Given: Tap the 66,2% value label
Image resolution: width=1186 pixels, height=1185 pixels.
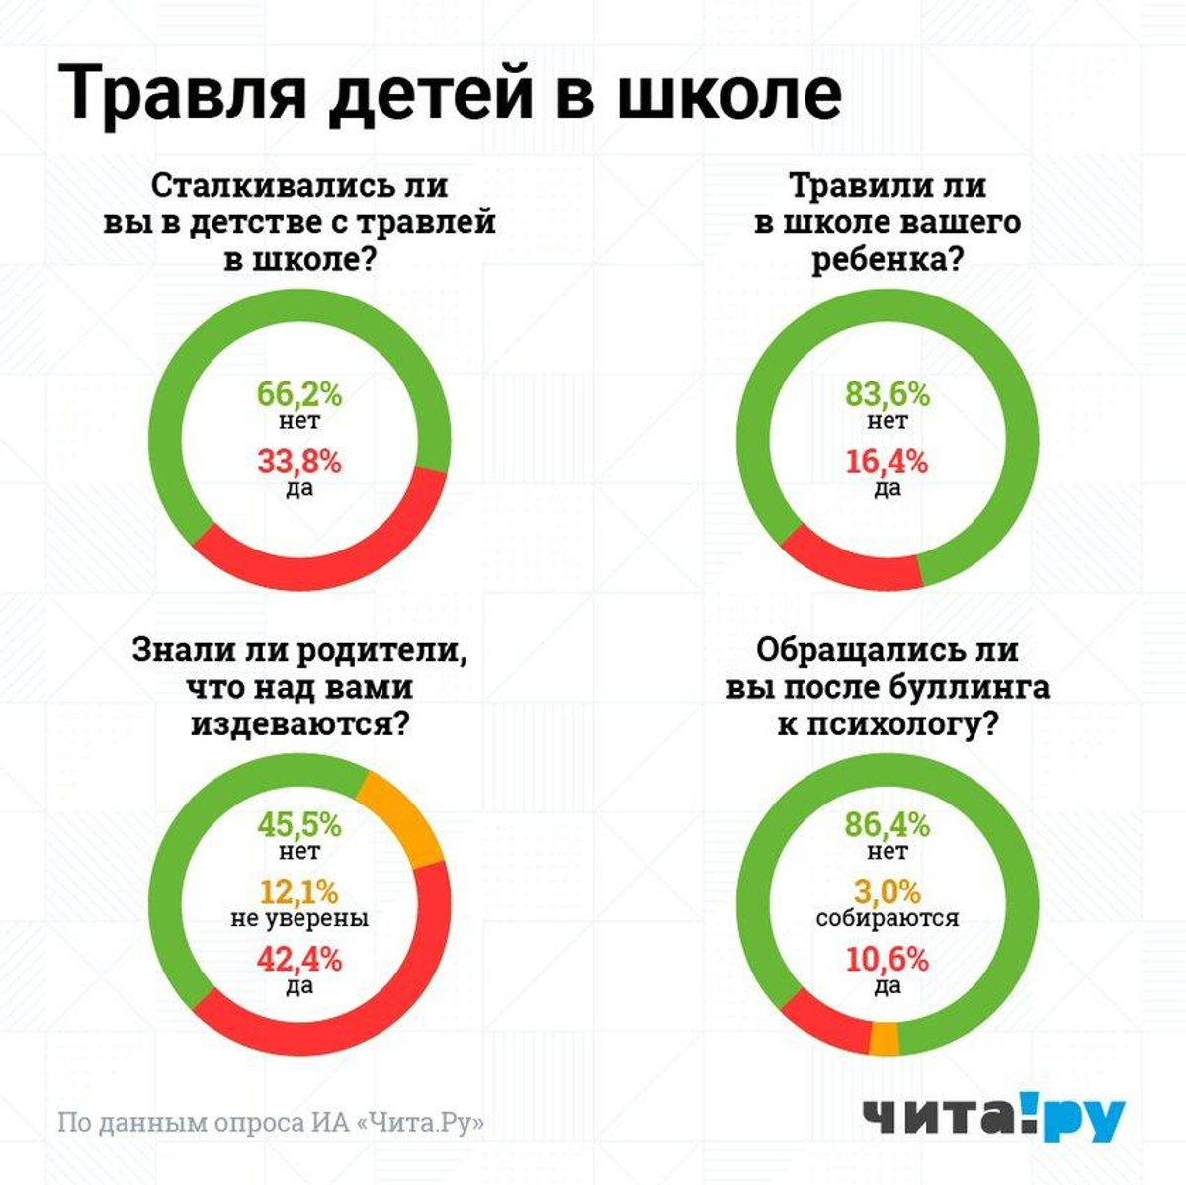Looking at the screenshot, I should (x=299, y=394).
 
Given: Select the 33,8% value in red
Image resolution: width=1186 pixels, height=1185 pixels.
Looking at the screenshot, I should (x=299, y=462).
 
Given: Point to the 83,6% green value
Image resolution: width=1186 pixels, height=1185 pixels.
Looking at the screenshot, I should (x=888, y=394).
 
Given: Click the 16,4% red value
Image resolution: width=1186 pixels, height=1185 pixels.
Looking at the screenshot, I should (x=888, y=462).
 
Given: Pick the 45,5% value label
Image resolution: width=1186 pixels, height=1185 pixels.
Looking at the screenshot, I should (x=299, y=824).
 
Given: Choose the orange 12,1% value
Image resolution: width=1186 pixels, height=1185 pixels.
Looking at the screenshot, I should (x=299, y=891).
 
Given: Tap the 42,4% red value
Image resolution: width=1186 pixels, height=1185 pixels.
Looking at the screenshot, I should (x=299, y=959).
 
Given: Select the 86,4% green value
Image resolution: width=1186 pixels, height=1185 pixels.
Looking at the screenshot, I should (x=888, y=824).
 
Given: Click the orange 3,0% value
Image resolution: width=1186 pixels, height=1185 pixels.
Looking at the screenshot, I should (x=888, y=891).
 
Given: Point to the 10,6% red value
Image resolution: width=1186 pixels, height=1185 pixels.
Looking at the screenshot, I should (x=888, y=959).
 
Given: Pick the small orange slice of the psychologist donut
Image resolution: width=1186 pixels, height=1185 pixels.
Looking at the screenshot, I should (x=885, y=1039).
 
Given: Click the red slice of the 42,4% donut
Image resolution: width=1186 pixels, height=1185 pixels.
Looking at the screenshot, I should (x=346, y=1018).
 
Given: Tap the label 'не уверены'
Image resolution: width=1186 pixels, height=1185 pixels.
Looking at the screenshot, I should (x=299, y=918).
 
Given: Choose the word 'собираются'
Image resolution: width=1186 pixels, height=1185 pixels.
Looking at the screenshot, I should (x=888, y=918).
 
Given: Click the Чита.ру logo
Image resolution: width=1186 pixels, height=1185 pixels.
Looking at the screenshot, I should (x=993, y=1120).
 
